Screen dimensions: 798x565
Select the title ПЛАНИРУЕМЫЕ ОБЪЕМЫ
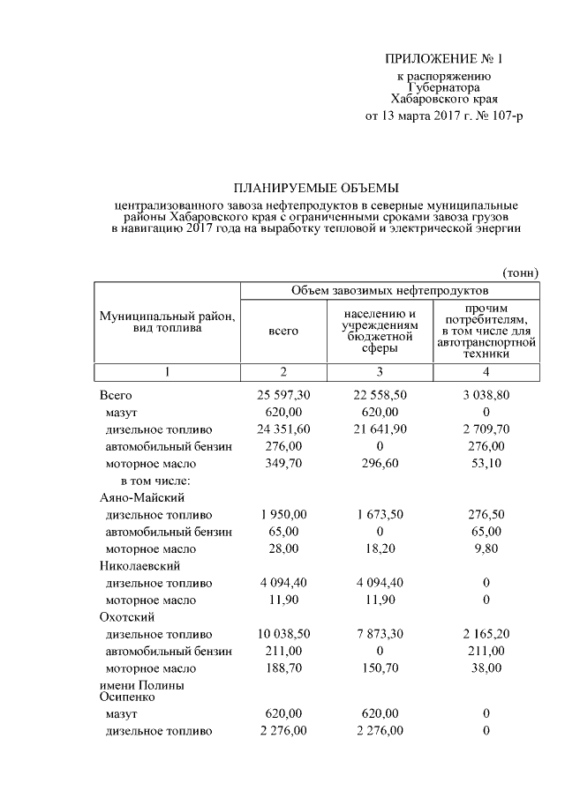pos(316,187)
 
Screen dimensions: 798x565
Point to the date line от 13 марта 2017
pos(444,116)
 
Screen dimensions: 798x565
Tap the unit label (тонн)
pos(519,273)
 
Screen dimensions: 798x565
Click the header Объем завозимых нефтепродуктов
pos(389,290)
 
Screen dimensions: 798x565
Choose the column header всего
pos(283,331)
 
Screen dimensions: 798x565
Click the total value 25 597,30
pos(283,396)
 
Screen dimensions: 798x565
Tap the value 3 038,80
pos(486,396)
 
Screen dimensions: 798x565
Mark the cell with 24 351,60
pos(283,429)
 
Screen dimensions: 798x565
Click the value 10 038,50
pos(283,634)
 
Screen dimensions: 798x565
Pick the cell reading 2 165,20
pos(486,634)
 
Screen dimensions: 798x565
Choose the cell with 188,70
pos(283,668)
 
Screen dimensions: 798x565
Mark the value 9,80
pos(486,548)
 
